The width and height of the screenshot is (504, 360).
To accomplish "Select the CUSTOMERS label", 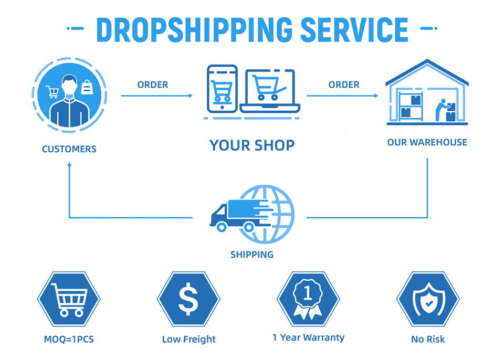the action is [x=69, y=149].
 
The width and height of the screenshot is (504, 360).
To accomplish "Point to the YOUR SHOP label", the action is [x=252, y=145].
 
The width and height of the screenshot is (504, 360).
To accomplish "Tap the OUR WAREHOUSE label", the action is [x=427, y=142].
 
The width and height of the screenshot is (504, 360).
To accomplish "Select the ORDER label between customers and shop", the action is [x=153, y=84].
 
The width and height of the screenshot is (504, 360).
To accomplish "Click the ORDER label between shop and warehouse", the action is [x=344, y=84].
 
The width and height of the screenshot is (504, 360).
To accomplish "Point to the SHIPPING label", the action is [x=252, y=255].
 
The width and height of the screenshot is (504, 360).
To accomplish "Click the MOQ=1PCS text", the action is [x=69, y=339].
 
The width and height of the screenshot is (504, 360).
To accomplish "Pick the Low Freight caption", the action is [x=189, y=339].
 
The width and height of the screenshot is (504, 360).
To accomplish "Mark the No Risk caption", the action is [x=428, y=339].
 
